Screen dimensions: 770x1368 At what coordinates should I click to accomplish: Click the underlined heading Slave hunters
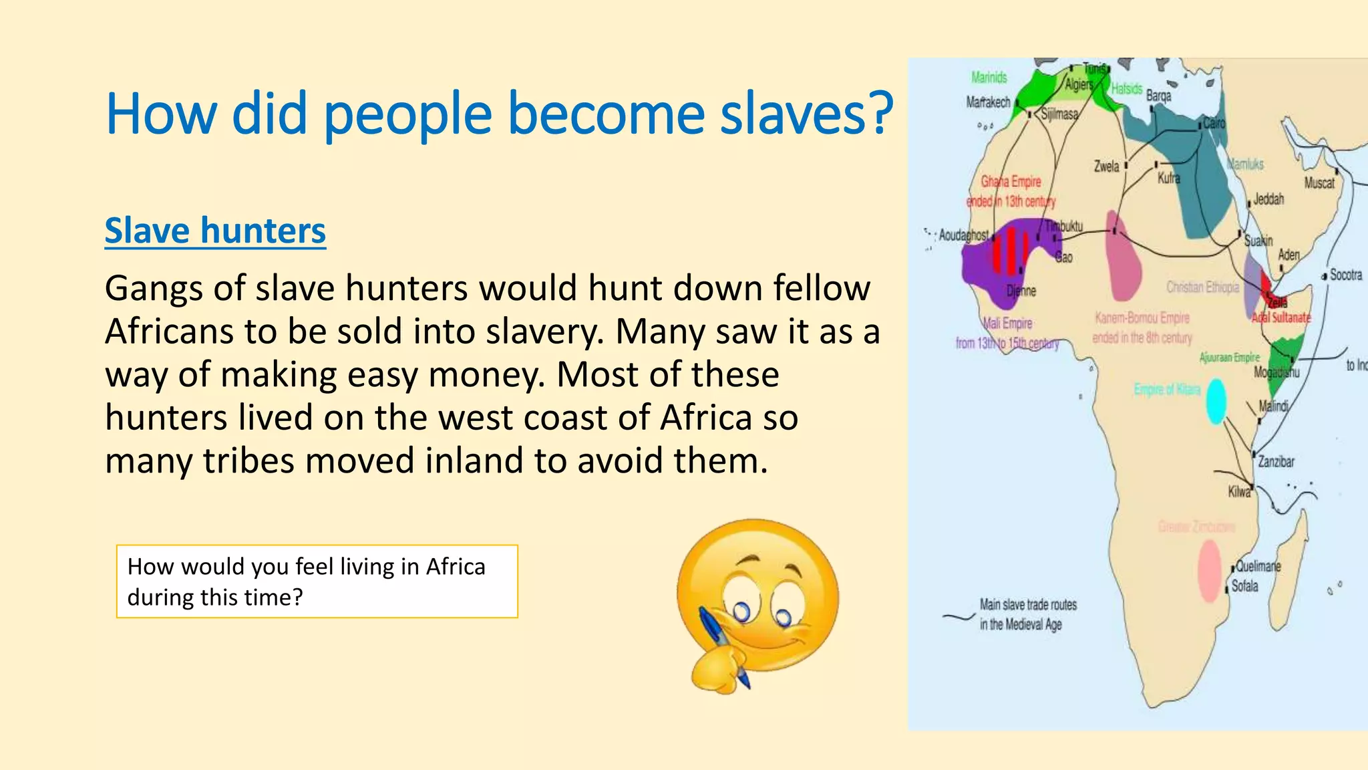click(215, 231)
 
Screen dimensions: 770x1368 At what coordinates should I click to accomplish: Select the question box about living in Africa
click(317, 582)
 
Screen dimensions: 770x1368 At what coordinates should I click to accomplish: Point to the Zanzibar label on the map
click(1276, 462)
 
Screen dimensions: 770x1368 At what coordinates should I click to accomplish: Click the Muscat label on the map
click(1319, 183)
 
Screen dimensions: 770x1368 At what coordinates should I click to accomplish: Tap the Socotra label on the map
click(1345, 275)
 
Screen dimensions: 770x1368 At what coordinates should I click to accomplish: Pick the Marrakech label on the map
click(988, 102)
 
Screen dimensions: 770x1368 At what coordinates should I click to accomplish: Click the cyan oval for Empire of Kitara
click(1216, 401)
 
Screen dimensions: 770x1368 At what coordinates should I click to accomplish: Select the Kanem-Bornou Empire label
click(1142, 318)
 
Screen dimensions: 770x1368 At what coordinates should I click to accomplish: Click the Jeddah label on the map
click(1268, 199)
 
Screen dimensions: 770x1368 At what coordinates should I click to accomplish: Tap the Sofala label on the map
click(1244, 586)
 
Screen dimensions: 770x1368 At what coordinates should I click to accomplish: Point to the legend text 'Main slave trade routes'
click(1028, 605)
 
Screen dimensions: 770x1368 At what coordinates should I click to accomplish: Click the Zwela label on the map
click(1106, 166)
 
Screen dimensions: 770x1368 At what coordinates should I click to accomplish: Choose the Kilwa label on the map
click(1239, 492)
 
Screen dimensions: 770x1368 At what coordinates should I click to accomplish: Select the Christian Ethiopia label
click(1202, 287)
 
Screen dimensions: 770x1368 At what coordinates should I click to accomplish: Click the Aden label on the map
click(1289, 255)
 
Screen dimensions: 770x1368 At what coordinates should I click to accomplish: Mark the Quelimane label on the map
click(1258, 566)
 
